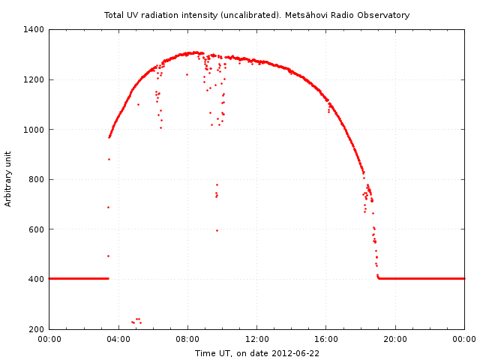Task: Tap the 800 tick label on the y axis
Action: click(37, 179)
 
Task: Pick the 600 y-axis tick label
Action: click(37, 229)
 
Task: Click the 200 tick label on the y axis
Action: click(37, 329)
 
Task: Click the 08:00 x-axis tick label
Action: click(187, 339)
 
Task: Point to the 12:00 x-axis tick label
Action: click(256, 339)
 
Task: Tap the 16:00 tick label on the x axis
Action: click(326, 339)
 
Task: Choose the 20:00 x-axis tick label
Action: click(395, 339)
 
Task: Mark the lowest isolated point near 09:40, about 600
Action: click(217, 230)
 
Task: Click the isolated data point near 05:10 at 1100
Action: click(138, 104)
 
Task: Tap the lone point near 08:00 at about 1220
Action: click(187, 74)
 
